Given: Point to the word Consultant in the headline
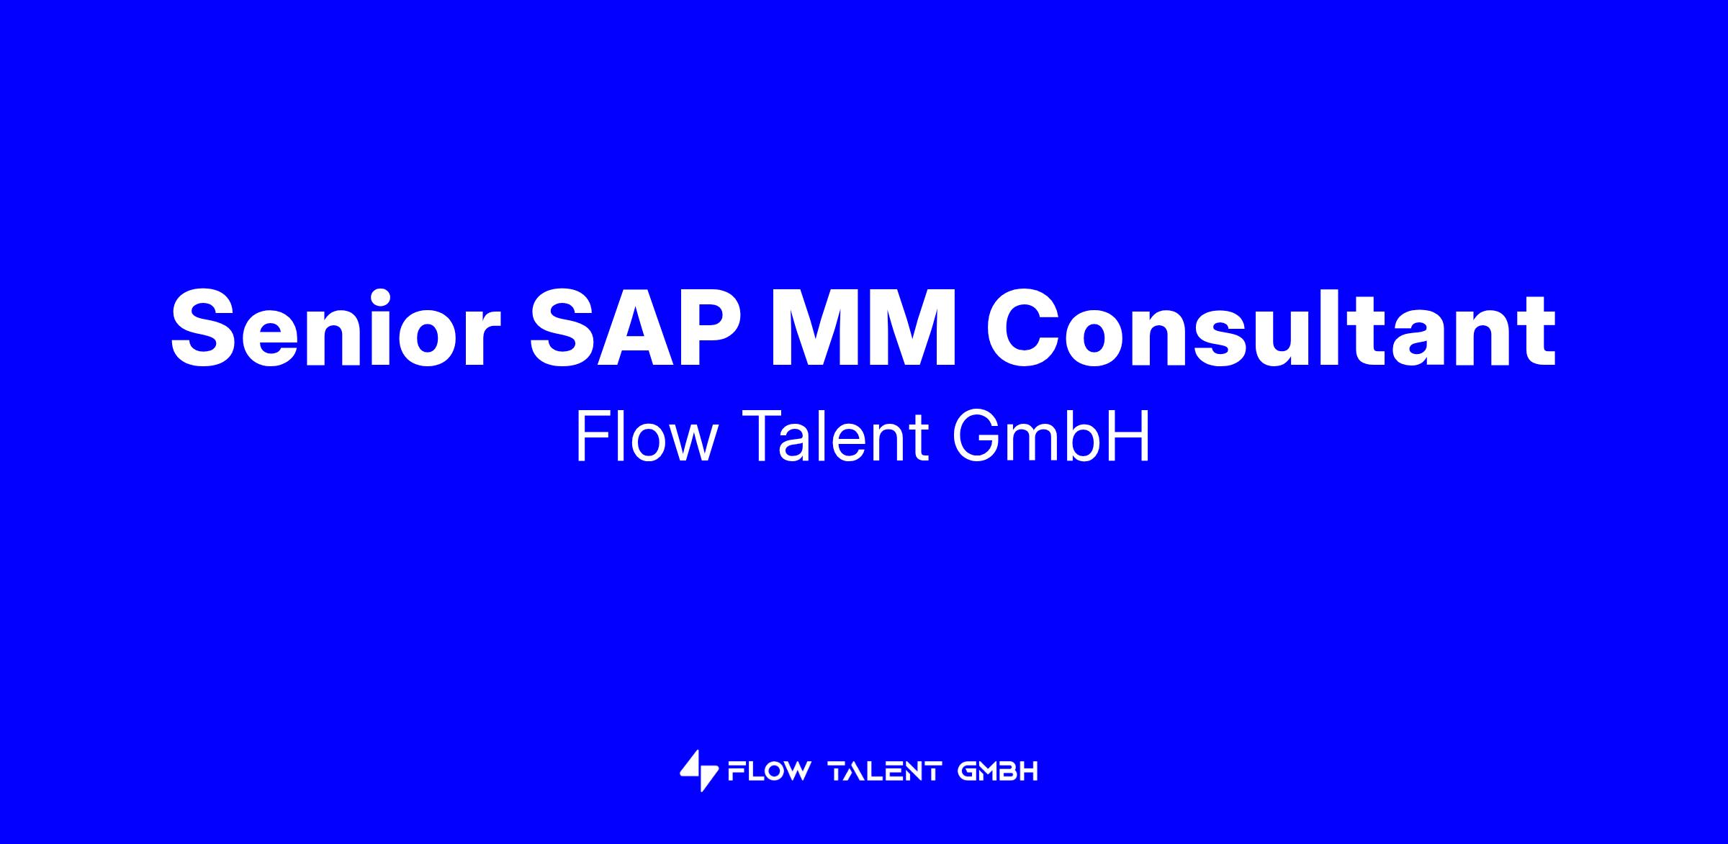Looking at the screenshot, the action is pyautogui.click(x=1270, y=327).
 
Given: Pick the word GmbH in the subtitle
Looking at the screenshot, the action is pyautogui.click(x=1051, y=437).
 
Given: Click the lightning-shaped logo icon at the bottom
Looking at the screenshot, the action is pyautogui.click(x=699, y=771).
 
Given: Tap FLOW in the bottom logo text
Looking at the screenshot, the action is pyautogui.click(x=768, y=771).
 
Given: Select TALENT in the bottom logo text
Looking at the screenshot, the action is pyautogui.click(x=886, y=771).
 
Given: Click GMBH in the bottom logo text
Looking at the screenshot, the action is pyautogui.click(x=998, y=771).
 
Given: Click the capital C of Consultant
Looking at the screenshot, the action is pyautogui.click(x=1021, y=328).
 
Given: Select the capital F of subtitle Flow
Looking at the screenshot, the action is pyautogui.click(x=593, y=437).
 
